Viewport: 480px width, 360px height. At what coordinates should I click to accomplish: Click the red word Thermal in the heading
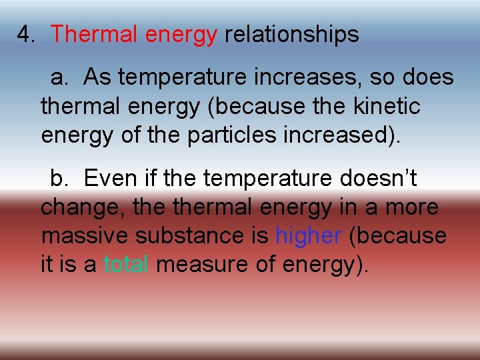[90, 35]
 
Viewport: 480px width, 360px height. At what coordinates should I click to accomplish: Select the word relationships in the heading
[291, 35]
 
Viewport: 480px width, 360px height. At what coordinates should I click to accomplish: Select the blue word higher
[309, 235]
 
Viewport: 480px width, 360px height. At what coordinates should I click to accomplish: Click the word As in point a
[97, 78]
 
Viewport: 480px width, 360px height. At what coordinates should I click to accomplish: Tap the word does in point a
[428, 78]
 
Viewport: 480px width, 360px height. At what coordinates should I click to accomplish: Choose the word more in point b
[413, 207]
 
